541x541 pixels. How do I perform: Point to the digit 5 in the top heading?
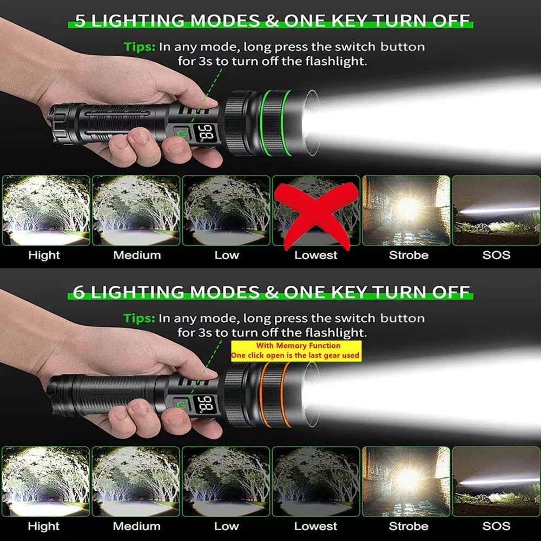(x=80, y=21)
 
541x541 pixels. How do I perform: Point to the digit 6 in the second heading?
(x=80, y=292)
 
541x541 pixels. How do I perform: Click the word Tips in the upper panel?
(x=139, y=47)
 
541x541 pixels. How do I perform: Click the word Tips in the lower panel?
(x=139, y=318)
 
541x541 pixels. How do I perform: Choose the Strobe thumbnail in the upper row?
(x=406, y=210)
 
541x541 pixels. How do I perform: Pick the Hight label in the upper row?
(x=44, y=255)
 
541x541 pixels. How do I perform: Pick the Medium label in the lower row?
(x=136, y=526)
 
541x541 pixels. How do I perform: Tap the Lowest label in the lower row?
(x=316, y=526)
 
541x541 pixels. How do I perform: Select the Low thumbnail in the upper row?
(x=226, y=210)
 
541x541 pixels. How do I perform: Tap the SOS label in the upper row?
(x=496, y=255)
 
